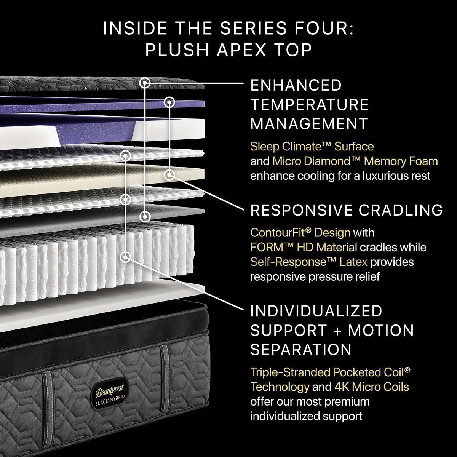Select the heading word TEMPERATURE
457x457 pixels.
coord(309,104)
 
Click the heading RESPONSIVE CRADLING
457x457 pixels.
coord(347,210)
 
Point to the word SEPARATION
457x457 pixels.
coord(301,350)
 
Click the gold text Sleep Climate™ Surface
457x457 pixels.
coord(312,147)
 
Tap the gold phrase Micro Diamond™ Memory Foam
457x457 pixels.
coord(355,161)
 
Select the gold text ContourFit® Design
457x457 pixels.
coord(300,233)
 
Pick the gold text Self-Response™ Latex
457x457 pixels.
coord(309,262)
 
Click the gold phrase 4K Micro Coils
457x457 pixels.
coord(372,387)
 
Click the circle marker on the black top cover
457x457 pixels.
coord(145,83)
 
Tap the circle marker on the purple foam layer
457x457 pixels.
coord(169,102)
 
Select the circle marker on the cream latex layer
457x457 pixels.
coord(169,175)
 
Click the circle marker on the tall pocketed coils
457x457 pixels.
coord(125,257)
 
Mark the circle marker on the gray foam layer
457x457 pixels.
coord(145,217)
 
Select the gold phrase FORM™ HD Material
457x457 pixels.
coord(304,248)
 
